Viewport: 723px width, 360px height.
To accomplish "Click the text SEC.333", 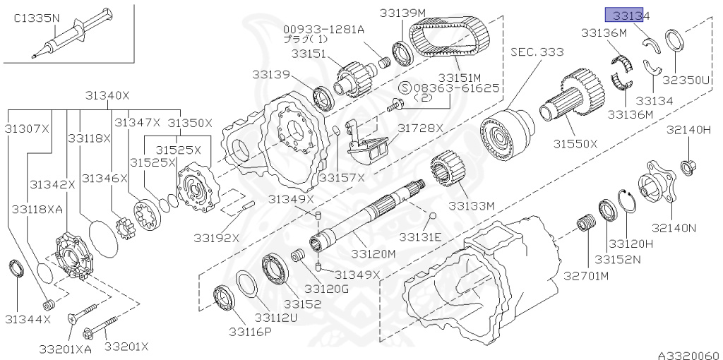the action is point(537,52).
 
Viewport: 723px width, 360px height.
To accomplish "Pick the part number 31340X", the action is point(108,95).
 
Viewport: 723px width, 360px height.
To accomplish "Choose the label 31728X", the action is point(420,128).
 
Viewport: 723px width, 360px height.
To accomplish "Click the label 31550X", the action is point(575,143).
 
